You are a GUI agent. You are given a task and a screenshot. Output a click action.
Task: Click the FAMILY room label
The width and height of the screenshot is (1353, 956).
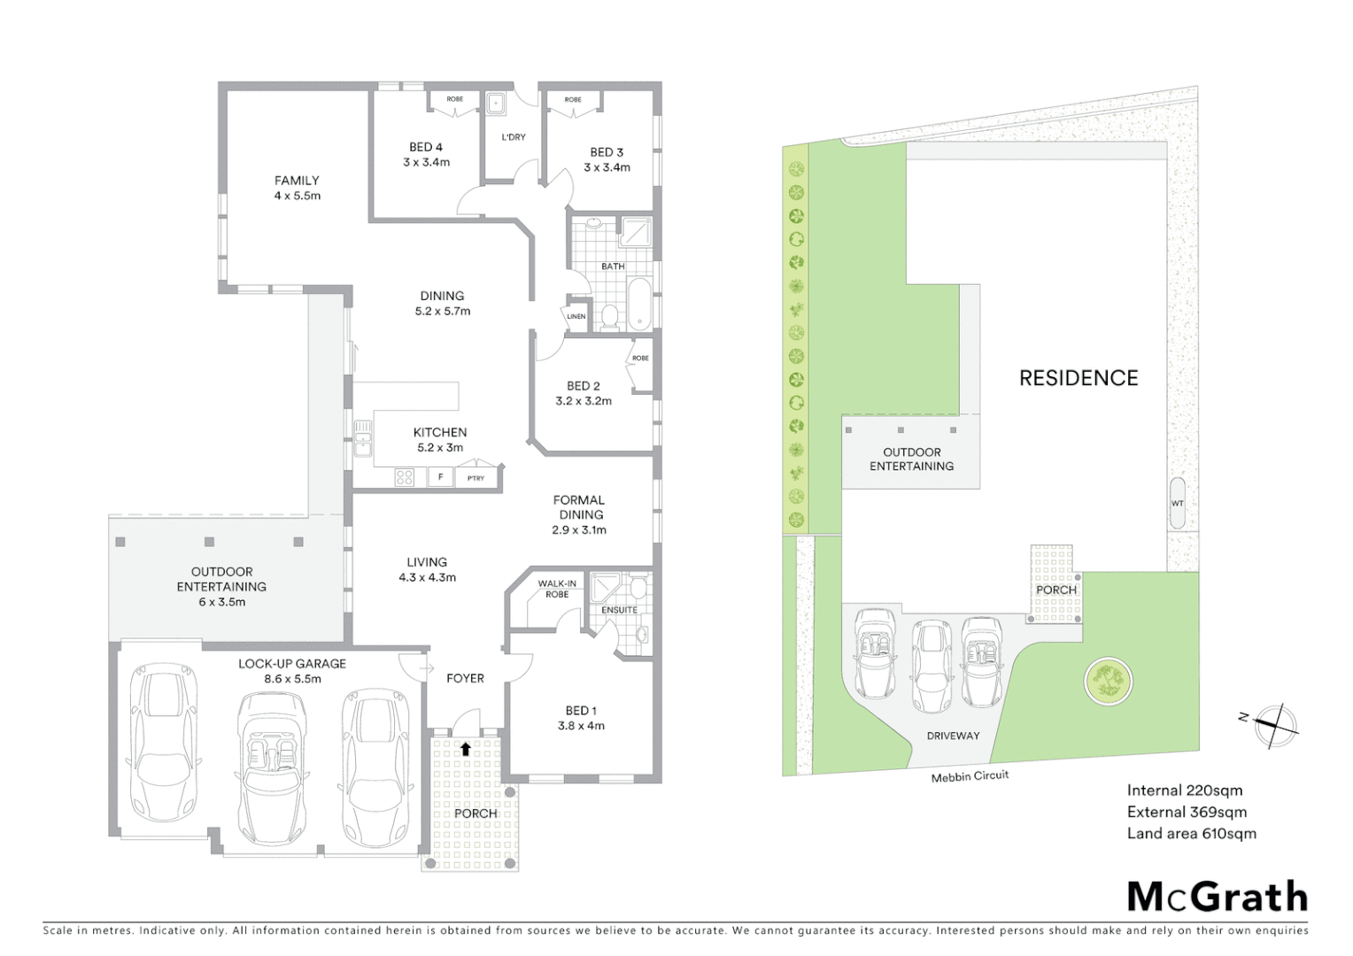pos(297,181)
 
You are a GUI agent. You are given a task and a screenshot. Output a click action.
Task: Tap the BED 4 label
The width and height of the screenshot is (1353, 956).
pos(426,147)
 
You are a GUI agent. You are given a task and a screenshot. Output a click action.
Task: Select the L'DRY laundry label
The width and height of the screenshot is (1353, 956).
pos(514,137)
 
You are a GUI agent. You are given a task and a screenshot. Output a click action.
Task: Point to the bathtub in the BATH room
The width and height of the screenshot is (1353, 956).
pos(638,304)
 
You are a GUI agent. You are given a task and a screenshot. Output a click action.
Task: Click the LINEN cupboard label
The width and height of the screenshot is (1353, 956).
pos(576,316)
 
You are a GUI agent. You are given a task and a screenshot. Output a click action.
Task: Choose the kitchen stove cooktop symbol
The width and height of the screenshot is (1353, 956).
pos(405,478)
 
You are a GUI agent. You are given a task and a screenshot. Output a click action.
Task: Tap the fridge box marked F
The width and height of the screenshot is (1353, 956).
pos(440,478)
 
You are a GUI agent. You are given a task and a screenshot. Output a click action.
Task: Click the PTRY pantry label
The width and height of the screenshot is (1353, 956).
pos(476,478)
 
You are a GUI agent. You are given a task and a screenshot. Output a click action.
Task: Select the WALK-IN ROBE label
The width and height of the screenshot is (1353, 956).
pos(557,589)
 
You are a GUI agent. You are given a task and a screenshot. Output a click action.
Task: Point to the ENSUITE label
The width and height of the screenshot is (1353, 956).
pos(619,610)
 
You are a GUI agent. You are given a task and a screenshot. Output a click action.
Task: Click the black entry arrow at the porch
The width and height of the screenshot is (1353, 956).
pos(466,749)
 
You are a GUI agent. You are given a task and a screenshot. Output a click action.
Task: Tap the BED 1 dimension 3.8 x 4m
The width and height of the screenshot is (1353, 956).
pos(581,726)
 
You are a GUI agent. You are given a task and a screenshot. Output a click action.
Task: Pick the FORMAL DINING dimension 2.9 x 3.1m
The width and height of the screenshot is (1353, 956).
pos(579,530)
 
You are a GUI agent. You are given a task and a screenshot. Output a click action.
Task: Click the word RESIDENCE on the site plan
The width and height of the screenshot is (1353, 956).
pos(1079,378)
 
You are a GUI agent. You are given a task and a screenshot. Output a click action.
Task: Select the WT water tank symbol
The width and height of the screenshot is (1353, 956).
pos(1177,504)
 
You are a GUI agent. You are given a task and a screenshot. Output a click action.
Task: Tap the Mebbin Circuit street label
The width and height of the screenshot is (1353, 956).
pos(970,776)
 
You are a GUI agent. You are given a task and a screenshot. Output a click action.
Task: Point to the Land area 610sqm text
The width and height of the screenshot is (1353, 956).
pos(1191,833)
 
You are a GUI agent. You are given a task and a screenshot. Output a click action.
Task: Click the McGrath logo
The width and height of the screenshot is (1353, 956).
pos(1218,897)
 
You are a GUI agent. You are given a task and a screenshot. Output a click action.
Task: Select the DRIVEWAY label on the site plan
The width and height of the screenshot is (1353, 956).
pos(953,736)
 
